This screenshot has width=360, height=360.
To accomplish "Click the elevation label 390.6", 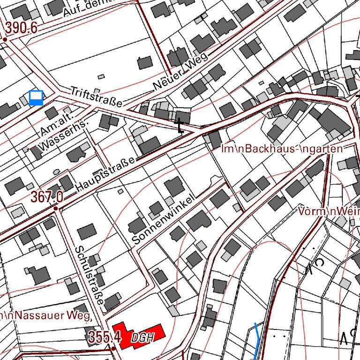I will pyautogui.click(x=21, y=29).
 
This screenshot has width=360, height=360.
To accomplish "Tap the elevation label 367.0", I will pyautogui.click(x=47, y=197).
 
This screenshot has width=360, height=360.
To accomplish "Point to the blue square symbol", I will pyautogui.click(x=36, y=98).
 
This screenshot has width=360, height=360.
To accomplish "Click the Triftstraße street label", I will pyautogui.click(x=96, y=97).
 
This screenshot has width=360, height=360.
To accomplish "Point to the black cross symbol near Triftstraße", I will pyautogui.click(x=180, y=126).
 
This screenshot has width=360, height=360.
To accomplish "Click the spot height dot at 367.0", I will pyautogui.click(x=56, y=208).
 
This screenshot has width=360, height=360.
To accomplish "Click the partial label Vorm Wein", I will pyautogui.click(x=329, y=212).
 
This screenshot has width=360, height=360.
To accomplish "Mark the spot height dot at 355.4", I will pyautogui.click(x=114, y=349).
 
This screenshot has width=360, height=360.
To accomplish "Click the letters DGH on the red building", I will pyautogui.click(x=142, y=337).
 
